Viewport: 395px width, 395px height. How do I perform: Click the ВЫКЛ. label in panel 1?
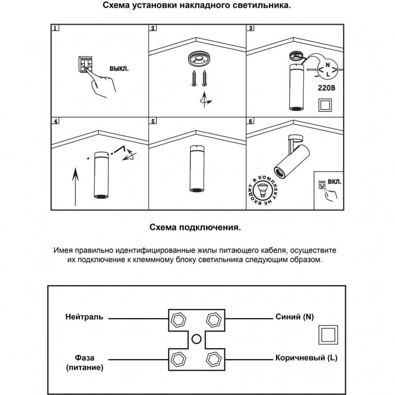[119, 69]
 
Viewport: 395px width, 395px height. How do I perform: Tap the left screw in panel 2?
[194, 78]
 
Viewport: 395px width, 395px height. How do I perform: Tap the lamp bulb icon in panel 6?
[263, 190]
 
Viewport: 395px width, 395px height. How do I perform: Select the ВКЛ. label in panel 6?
[334, 180]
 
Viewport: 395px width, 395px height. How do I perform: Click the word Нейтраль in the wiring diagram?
[84, 317]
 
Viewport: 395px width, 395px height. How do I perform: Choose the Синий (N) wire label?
[294, 317]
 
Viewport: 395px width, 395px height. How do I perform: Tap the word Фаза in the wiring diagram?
[84, 358]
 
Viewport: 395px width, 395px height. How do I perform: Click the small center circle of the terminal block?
[197, 338]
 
